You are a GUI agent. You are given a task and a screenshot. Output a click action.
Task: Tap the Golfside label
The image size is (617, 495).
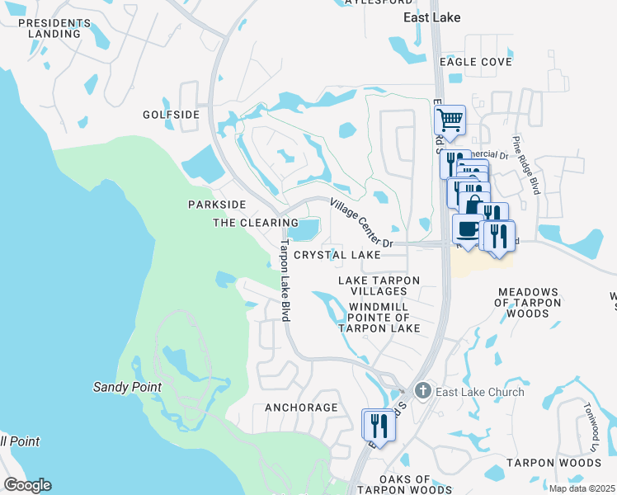point(171,115)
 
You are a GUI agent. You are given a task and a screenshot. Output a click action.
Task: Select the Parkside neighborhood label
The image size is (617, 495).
point(217,204)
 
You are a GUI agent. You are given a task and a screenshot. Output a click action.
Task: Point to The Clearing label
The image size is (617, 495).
point(256,223)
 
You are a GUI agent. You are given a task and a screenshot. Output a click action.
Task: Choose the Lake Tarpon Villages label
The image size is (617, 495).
point(379,286)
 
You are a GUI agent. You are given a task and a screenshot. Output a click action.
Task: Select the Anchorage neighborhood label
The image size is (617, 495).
point(301,408)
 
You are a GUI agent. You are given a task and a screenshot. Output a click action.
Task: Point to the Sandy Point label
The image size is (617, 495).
point(126,387)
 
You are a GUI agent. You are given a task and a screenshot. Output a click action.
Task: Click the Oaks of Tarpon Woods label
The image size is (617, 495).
point(405,484)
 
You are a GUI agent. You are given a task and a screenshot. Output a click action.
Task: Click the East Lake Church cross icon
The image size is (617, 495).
point(423,391)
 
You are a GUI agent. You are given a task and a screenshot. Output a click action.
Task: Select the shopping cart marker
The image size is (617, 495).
point(450,120)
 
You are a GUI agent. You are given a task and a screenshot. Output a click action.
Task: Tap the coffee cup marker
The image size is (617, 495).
point(468,228)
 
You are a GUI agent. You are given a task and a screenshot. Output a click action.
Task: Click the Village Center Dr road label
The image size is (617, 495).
point(363,223)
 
